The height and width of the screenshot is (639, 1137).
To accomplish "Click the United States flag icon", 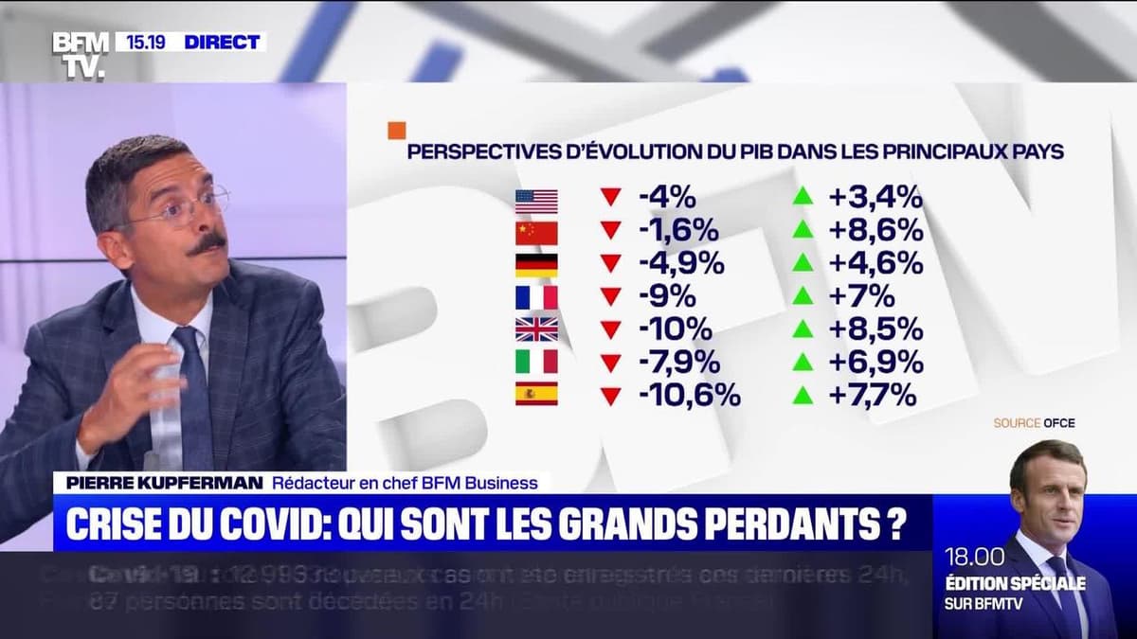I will tap(536, 201).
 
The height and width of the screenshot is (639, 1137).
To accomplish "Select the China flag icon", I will tap(536, 233).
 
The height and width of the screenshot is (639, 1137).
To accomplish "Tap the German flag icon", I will tap(536, 265).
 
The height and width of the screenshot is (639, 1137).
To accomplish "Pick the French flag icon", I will tap(536, 297).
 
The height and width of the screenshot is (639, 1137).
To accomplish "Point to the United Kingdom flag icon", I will tap(536, 329).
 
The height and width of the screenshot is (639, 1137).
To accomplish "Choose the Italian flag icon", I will tap(536, 362).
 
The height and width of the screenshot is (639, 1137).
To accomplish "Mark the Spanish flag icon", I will tap(536, 394).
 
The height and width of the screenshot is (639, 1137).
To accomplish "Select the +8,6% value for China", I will tap(875, 230).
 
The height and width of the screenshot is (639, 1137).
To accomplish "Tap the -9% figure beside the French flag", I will tap(667, 296).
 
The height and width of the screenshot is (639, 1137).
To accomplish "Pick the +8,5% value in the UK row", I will tap(875, 329).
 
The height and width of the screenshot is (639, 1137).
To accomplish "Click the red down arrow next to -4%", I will tap(610, 198).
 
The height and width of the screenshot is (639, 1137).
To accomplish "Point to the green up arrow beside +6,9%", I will tap(803, 362).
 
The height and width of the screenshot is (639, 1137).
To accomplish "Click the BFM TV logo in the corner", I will tap(80, 53).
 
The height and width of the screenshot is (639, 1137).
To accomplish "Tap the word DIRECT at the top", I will tap(222, 42).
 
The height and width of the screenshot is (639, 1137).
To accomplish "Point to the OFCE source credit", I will tap(1059, 423).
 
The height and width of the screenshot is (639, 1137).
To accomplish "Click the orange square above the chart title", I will tap(396, 131).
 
